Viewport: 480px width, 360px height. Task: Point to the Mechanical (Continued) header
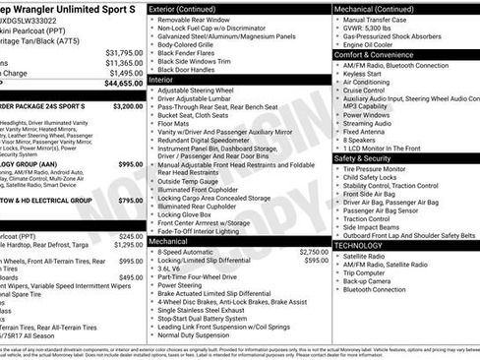374,8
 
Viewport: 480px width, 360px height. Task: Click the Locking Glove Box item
187,213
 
